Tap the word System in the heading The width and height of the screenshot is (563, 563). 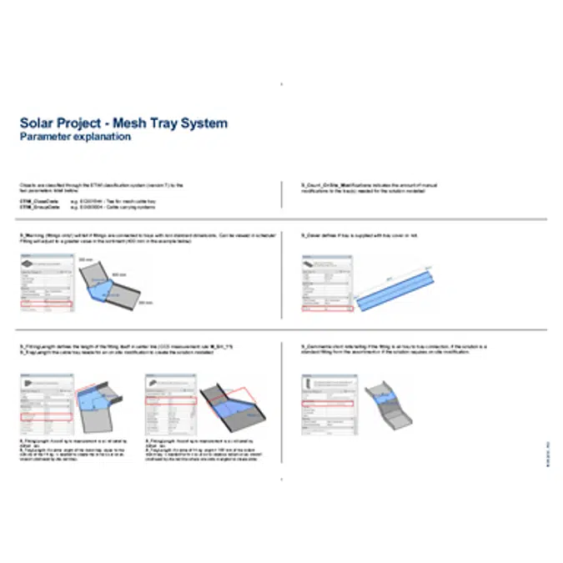coord(204,123)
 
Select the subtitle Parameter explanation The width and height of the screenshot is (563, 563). coord(75,137)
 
